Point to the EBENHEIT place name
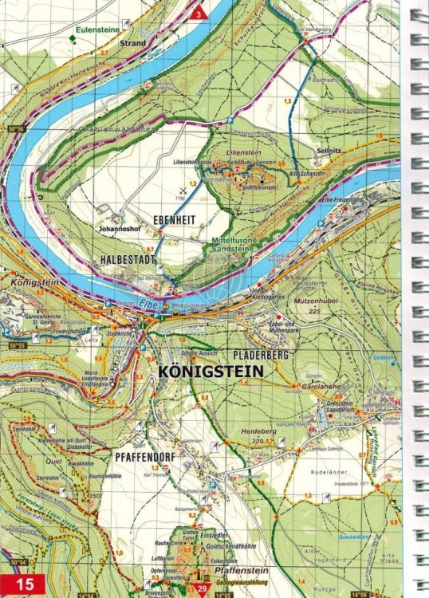click(x=174, y=220)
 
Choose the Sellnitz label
click(x=329, y=148)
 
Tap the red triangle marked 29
click(x=202, y=588)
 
